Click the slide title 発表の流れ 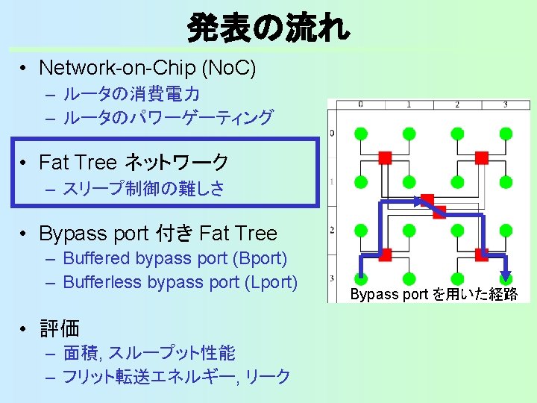[267, 28]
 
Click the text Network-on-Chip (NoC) [147, 69]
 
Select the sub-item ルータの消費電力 [131, 95]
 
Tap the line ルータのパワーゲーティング [168, 117]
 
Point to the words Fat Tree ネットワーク [134, 161]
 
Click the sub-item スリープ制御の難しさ [143, 188]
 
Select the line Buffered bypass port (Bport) [175, 259]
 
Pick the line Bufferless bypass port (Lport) [180, 282]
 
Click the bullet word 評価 [59, 328]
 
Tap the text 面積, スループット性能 [148, 352]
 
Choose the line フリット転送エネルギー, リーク [176, 376]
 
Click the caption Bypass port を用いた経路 [434, 294]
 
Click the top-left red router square [385, 157]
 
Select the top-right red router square [482, 157]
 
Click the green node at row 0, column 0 [360, 134]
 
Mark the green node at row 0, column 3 [506, 134]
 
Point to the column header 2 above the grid [457, 104]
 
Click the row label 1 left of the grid [331, 181]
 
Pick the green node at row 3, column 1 [409, 278]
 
